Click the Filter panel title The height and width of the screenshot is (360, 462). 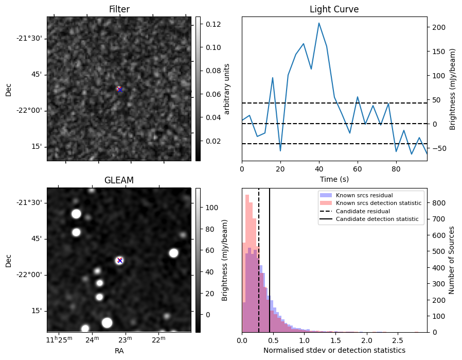[x=119, y=9]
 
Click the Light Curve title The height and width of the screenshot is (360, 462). [x=334, y=9]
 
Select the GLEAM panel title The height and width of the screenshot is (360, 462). [x=119, y=180]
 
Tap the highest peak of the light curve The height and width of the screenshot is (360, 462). [x=319, y=23]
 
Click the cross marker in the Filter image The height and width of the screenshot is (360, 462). [x=119, y=89]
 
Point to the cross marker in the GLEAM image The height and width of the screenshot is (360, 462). [x=119, y=260]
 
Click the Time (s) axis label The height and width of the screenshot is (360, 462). [x=334, y=179]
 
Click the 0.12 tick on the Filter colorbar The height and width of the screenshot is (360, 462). [x=213, y=24]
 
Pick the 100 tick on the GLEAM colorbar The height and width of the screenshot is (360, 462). [x=212, y=207]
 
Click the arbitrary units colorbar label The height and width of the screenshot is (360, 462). [x=227, y=89]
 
